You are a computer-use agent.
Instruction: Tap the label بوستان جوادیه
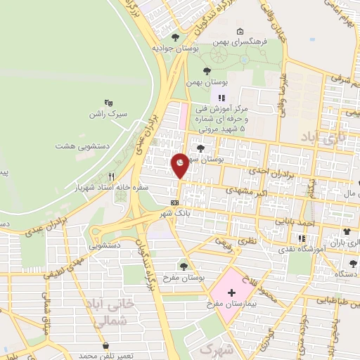174,49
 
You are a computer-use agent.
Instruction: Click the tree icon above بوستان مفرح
184,266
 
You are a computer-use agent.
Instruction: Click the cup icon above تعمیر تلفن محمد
105,346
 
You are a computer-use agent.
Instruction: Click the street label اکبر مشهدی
243,191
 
